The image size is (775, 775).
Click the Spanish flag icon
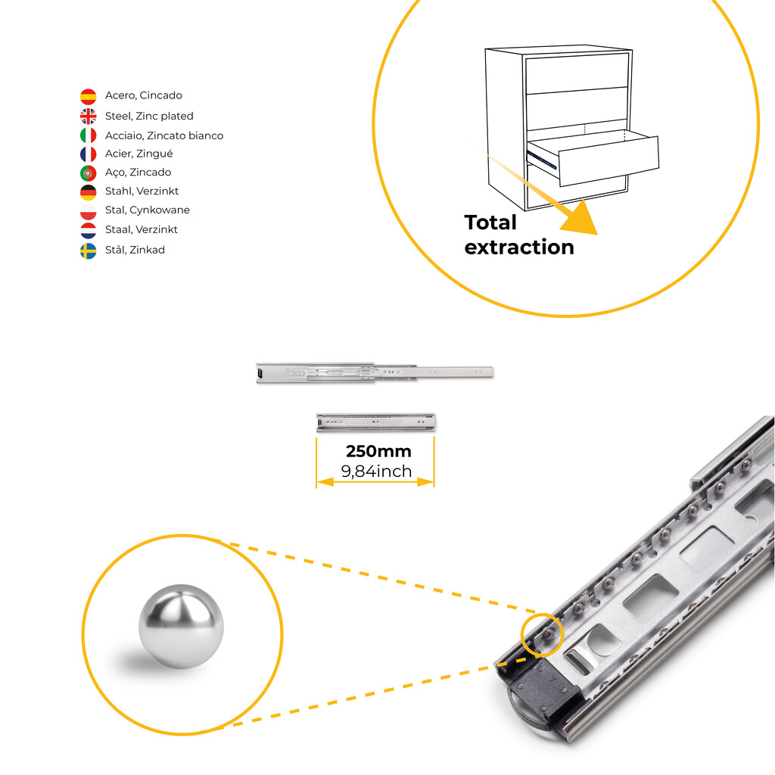coord(89,96)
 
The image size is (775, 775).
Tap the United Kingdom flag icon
coord(89,116)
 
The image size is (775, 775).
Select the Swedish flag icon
coord(89,251)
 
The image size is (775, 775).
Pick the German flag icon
coord(89,192)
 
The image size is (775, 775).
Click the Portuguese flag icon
coord(89,173)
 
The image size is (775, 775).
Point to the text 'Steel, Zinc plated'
coord(149,116)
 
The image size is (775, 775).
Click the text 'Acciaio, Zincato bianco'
coord(164,135)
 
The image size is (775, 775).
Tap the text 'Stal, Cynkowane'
coord(148,210)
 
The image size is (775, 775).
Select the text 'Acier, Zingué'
coord(139,154)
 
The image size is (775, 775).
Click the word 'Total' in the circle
coord(490,223)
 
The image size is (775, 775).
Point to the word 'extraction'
coord(519,247)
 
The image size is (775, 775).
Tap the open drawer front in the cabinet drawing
coord(609,162)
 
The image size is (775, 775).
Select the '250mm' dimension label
coord(378,451)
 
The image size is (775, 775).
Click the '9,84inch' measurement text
coord(376,472)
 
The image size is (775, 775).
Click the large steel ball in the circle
coord(181,626)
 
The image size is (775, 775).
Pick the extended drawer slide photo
coord(374,372)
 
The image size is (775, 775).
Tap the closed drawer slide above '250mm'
coord(375,422)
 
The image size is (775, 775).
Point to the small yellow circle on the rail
coord(542,635)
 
